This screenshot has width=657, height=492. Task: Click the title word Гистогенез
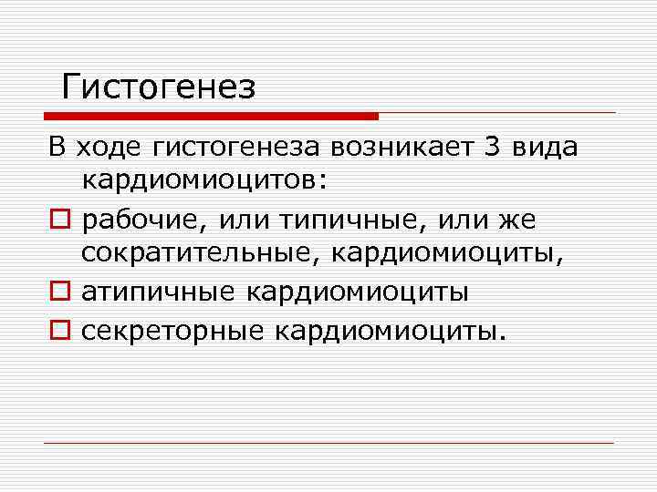click(159, 87)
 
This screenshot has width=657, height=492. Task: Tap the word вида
click(546, 146)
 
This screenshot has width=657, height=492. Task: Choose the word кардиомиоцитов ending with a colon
click(203, 181)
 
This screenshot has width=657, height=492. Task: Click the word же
click(517, 220)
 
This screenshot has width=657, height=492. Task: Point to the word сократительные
click(197, 255)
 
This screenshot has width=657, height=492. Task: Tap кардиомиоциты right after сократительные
click(446, 255)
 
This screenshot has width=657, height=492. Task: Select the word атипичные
click(156, 292)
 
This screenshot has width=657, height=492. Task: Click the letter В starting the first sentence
click(57, 146)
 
